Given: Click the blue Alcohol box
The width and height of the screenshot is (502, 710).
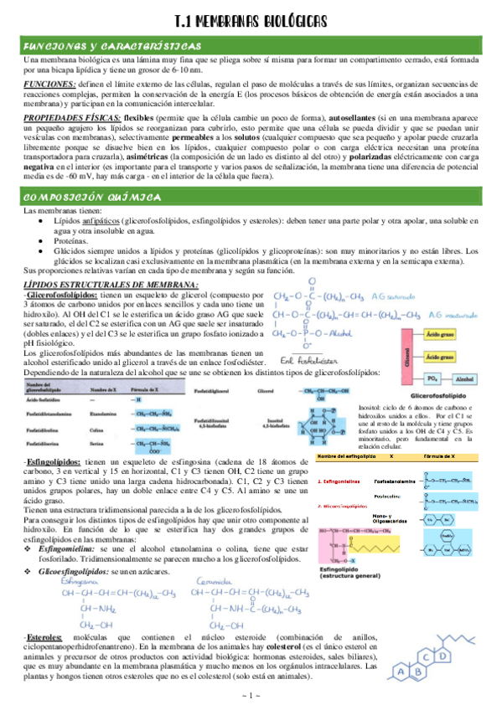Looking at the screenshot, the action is click(464, 378).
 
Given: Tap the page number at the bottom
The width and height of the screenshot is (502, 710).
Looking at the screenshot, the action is click(251, 697).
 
